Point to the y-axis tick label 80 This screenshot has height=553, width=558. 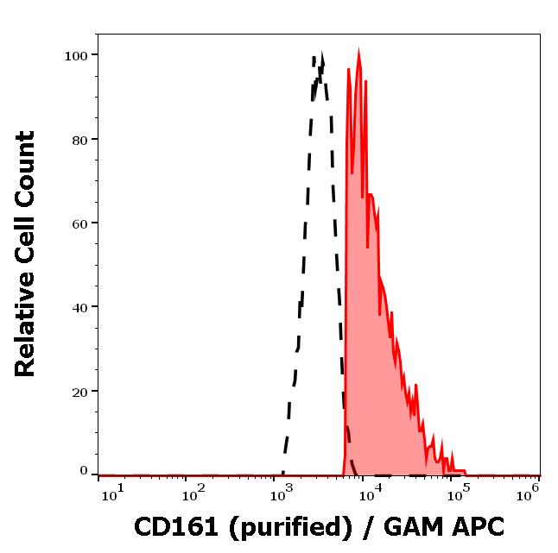[x=79, y=139]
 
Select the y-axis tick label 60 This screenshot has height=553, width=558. [x=79, y=223]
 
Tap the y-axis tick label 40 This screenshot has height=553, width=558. [x=79, y=306]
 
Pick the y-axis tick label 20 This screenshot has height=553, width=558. [x=79, y=391]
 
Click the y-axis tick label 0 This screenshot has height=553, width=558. [x=84, y=471]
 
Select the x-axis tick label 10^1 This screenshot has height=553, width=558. [x=113, y=492]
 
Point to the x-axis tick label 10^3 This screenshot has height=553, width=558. [x=283, y=492]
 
